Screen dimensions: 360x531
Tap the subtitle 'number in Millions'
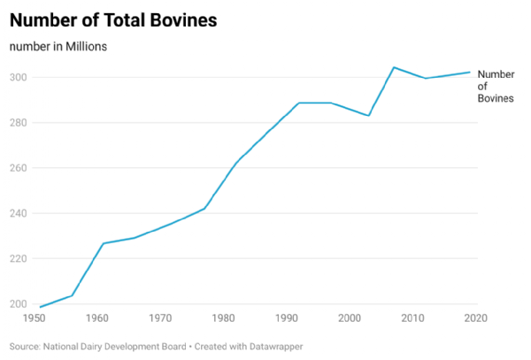58,46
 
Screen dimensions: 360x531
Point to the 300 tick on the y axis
18,78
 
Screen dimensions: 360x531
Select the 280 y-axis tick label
18,123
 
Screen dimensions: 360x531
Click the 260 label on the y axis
18,168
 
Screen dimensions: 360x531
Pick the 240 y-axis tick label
18,213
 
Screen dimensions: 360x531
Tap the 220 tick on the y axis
18,258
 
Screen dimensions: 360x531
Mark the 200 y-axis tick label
18,304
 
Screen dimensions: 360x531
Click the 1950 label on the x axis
34,318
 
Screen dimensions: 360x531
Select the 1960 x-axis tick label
97,318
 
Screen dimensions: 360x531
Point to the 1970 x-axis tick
160,318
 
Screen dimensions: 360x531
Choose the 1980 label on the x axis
224,318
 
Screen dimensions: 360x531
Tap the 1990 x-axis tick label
287,318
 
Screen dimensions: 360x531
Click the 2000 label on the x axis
350,318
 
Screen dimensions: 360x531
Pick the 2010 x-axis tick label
413,318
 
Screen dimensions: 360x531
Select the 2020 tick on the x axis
475,318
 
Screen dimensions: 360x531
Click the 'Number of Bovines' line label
495,87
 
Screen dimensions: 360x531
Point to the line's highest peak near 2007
394,67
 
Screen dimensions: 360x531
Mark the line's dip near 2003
369,116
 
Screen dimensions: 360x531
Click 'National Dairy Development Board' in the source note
114,346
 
